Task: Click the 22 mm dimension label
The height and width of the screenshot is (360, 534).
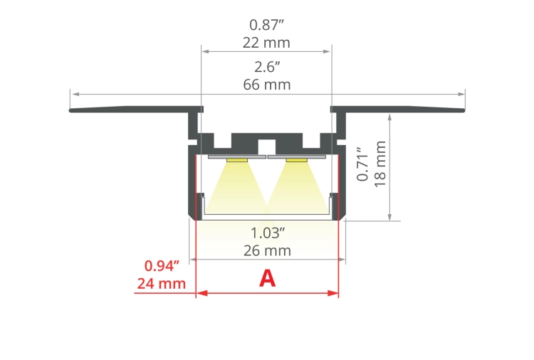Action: [x=266, y=43]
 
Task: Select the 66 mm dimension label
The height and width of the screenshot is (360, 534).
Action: [x=266, y=85]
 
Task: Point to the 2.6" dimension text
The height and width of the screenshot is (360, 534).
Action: [x=266, y=68]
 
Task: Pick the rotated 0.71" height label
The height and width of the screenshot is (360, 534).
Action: [x=362, y=164]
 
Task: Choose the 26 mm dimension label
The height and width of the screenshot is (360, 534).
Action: [x=266, y=251]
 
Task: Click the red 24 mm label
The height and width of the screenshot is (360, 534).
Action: [x=161, y=284]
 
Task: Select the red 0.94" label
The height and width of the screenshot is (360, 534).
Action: [x=161, y=266]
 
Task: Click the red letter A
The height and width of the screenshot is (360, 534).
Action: [x=267, y=278]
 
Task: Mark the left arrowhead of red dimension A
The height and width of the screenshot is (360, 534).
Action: [x=200, y=292]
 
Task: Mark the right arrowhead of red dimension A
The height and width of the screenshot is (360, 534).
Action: [x=334, y=292]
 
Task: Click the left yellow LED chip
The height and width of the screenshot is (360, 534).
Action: [x=237, y=160]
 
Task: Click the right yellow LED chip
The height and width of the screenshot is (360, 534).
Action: [x=297, y=160]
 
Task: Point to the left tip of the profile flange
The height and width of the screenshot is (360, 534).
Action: [x=70, y=110]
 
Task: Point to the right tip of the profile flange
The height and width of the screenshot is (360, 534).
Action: [x=464, y=110]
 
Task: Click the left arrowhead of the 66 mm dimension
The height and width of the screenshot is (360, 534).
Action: [x=73, y=94]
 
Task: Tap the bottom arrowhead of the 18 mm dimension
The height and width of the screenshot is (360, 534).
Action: [x=390, y=218]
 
